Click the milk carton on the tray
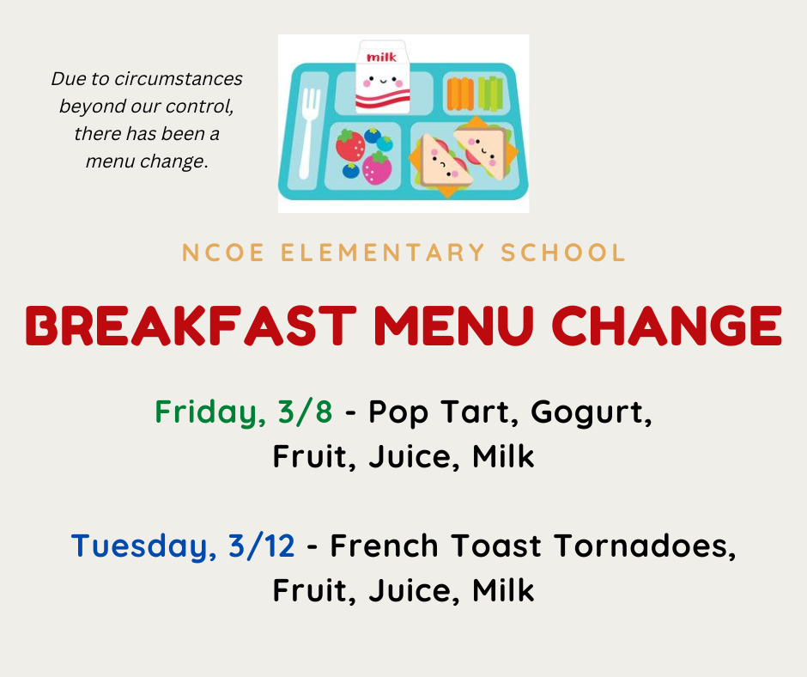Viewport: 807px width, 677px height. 382,76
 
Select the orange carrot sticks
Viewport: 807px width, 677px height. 460,94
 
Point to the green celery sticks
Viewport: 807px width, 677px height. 490,93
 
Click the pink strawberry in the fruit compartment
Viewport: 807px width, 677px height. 377,168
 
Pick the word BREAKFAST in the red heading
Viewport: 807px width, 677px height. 191,326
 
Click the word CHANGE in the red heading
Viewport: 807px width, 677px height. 667,326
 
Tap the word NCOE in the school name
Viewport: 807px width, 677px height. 223,253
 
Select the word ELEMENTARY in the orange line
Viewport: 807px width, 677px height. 383,253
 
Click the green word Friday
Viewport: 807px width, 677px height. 210,412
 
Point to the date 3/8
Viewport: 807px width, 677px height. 305,412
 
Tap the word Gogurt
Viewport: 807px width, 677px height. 592,412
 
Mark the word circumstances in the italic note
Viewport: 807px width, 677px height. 178,79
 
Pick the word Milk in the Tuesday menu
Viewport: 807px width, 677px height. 503,590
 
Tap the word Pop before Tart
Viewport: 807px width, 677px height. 398,412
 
